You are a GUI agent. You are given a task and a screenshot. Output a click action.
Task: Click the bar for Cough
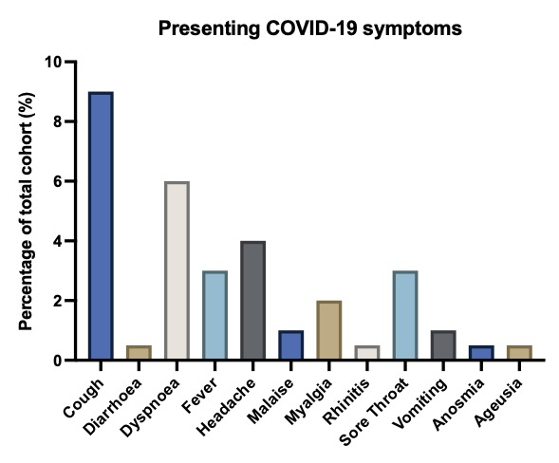click(101, 225)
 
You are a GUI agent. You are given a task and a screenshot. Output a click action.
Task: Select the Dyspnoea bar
click(177, 270)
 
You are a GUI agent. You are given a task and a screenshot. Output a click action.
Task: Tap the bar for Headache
click(253, 300)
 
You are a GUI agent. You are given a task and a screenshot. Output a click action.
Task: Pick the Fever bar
click(215, 315)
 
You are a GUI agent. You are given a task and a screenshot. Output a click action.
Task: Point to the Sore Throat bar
click(405, 315)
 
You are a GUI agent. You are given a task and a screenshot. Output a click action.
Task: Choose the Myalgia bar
click(329, 330)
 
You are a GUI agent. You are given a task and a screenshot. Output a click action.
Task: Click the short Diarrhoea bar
click(139, 352)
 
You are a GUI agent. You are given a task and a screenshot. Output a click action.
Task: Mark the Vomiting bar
click(443, 344)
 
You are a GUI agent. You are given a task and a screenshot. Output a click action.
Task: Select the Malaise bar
click(291, 344)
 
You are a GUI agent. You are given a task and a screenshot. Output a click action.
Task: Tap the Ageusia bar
click(519, 352)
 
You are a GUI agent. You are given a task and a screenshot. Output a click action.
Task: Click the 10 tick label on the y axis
click(53, 62)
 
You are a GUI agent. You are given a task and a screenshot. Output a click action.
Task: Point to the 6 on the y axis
click(57, 181)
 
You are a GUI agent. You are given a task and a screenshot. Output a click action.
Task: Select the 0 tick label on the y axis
click(57, 361)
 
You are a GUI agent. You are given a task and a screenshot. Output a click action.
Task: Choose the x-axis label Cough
click(84, 398)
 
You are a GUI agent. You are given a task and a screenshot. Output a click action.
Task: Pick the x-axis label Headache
click(226, 407)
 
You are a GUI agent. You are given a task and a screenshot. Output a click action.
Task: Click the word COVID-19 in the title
click(311, 28)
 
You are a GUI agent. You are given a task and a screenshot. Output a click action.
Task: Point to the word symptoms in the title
click(412, 29)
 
